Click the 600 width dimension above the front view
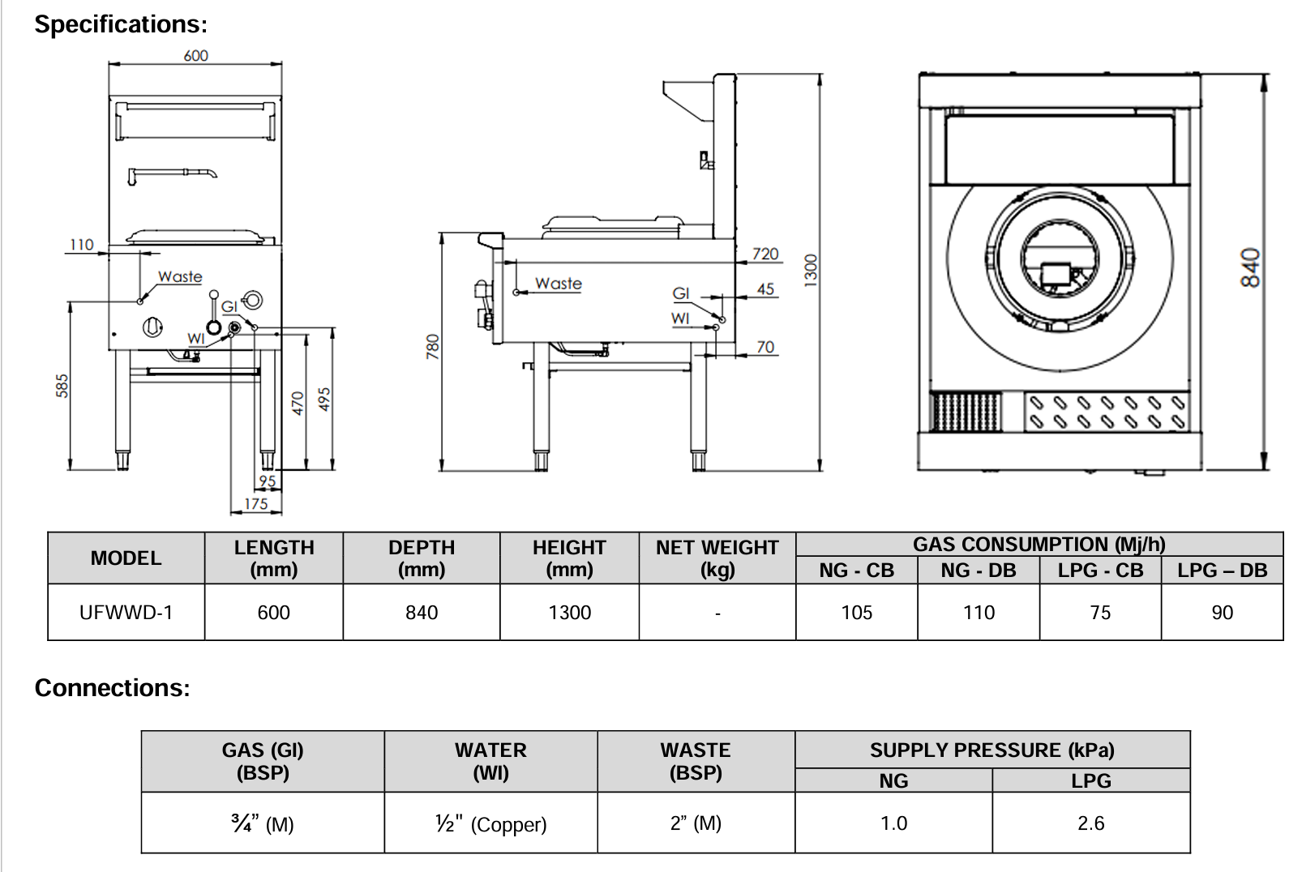(x=195, y=55)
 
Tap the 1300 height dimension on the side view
(x=811, y=269)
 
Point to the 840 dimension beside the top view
(x=1250, y=267)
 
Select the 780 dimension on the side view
(x=433, y=347)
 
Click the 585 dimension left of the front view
(x=62, y=386)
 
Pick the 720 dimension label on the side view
(x=764, y=254)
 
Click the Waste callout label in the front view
(x=180, y=276)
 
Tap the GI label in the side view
(x=681, y=293)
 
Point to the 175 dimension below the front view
(x=255, y=503)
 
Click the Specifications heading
(x=121, y=24)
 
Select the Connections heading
(x=112, y=687)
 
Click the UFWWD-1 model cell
(x=126, y=613)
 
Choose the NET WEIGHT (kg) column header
(x=717, y=558)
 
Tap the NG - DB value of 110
(x=979, y=613)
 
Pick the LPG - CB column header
(x=1100, y=571)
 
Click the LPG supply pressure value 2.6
(x=1090, y=823)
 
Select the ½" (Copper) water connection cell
(x=490, y=824)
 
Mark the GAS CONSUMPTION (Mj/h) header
(x=1039, y=544)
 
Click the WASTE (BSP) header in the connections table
(x=696, y=761)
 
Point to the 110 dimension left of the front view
(x=81, y=244)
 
